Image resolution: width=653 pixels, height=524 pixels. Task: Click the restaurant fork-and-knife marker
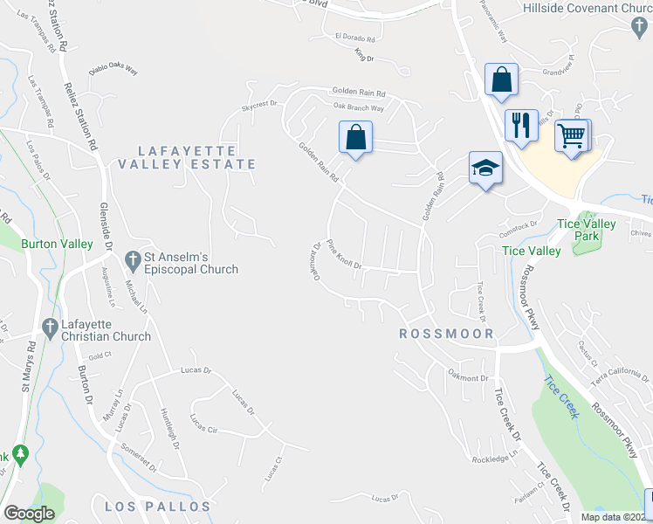520,125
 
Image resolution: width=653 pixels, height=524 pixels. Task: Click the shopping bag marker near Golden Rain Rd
355,138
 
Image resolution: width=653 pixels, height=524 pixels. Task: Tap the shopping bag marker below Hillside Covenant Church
502,80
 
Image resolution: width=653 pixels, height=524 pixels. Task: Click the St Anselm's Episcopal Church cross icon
133,260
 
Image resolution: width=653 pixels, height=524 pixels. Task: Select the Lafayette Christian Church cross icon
49,329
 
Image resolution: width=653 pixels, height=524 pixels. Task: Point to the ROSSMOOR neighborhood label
446,334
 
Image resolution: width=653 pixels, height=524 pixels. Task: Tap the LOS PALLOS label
157,507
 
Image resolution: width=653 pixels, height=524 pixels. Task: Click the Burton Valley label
58,245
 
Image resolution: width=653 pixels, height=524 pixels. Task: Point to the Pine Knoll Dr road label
344,254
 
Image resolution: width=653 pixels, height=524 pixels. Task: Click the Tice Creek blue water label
561,396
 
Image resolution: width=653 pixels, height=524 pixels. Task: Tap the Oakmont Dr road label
468,378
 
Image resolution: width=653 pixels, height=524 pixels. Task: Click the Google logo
29,513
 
